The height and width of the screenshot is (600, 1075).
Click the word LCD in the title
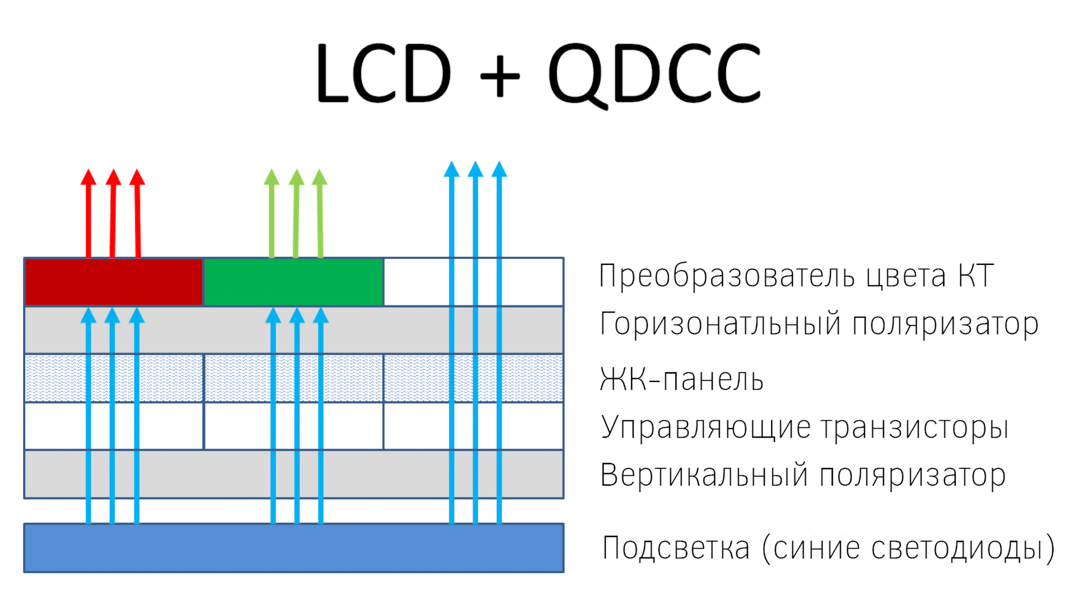tap(384, 73)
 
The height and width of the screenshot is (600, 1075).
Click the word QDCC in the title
tap(655, 75)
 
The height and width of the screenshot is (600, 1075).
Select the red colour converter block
tap(114, 282)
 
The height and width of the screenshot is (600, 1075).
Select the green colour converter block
tap(293, 282)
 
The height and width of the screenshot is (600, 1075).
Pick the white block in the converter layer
tap(474, 282)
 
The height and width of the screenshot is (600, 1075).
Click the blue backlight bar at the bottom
tap(294, 548)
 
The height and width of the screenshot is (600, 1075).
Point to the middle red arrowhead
tap(114, 176)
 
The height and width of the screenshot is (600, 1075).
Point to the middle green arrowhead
tap(297, 176)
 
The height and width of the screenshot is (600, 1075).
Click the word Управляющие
tap(705, 428)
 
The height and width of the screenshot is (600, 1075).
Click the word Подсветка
tap(676, 547)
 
